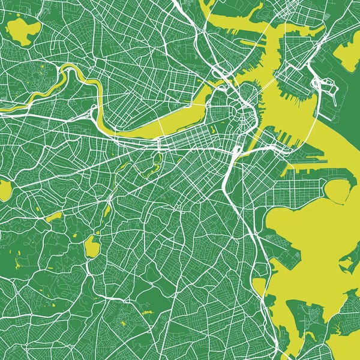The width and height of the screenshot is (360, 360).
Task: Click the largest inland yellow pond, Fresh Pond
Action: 23,30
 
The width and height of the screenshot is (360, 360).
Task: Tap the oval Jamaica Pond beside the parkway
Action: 91,245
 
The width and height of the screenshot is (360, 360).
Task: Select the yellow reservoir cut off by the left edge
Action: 5,191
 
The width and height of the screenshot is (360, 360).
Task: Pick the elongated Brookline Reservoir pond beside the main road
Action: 54,217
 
